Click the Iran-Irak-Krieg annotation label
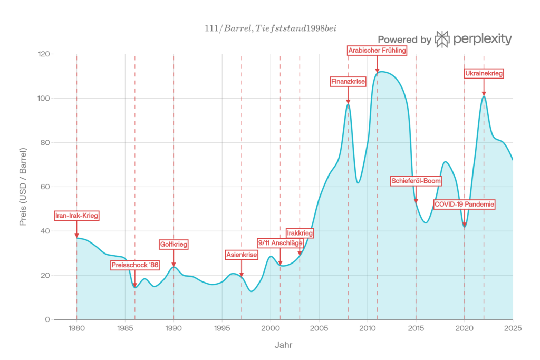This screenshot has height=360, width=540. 77,216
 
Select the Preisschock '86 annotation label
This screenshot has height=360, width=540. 135,265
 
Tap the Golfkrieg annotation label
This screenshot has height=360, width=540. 173,245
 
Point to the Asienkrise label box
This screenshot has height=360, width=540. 242,255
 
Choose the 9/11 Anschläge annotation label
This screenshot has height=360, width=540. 280,243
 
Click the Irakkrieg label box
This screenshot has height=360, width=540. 300,233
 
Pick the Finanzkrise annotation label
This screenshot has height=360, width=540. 348,82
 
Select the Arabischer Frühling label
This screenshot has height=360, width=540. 377,51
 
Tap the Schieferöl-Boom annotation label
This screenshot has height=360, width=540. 416,181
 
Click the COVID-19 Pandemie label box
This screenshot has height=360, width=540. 465,205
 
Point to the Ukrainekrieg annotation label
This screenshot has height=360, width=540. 484,74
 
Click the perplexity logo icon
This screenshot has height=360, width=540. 442,39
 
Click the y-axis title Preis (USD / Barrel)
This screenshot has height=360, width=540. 23,187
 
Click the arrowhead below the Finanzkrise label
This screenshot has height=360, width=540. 348,101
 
